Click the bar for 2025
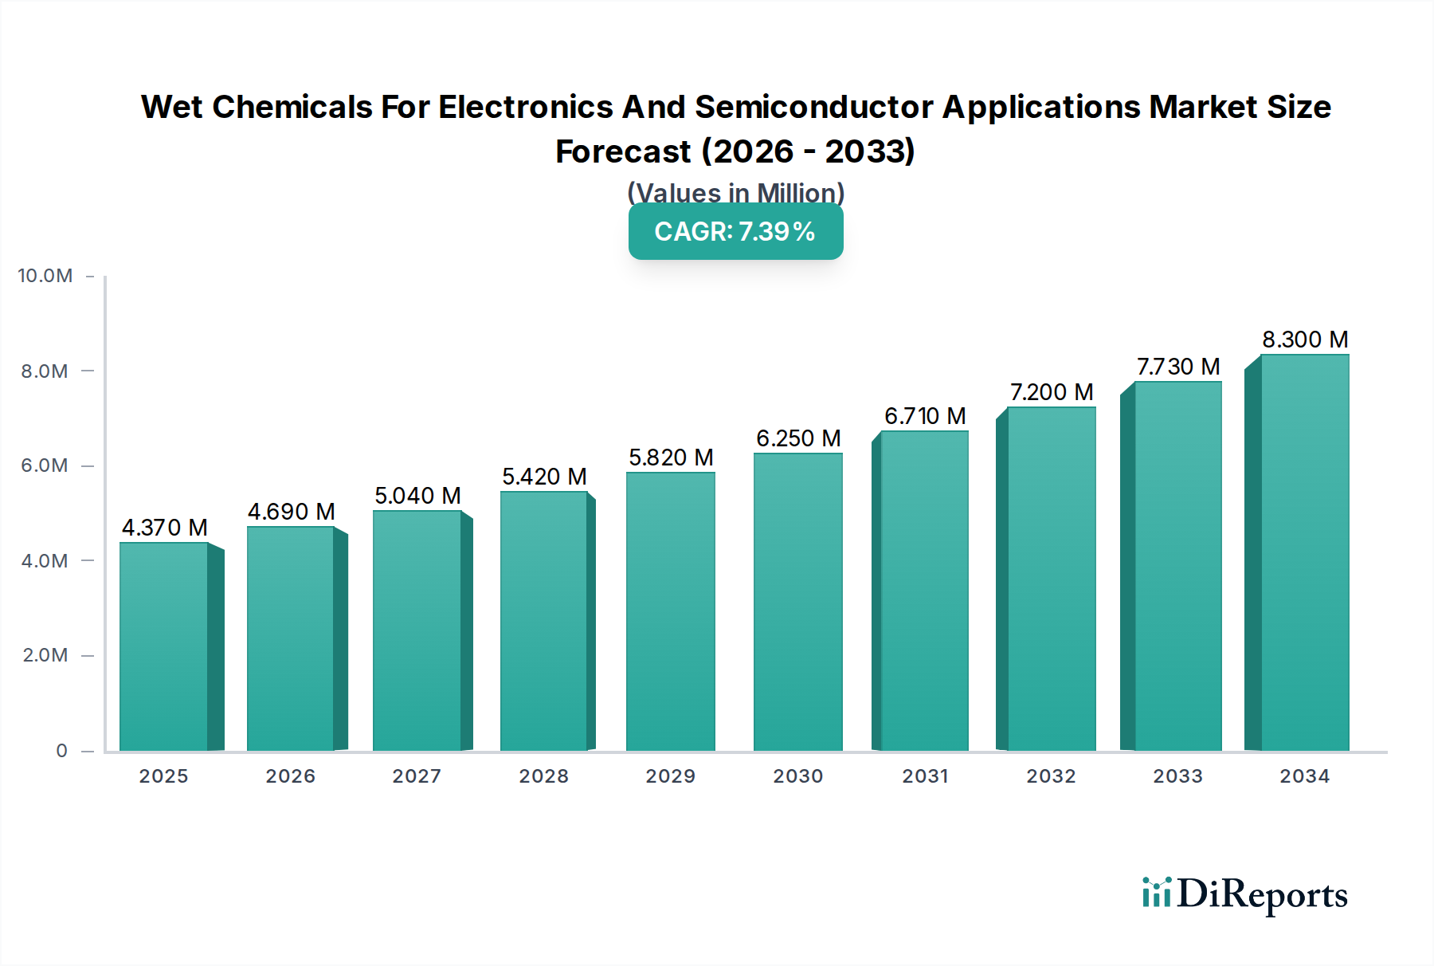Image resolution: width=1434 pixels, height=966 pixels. [164, 646]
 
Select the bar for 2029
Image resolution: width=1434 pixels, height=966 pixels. [671, 611]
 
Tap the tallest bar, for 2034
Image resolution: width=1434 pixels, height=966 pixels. [1304, 552]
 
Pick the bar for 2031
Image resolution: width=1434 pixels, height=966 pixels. [924, 591]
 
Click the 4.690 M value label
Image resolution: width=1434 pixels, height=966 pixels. [291, 512]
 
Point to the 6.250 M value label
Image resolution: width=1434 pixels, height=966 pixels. [798, 438]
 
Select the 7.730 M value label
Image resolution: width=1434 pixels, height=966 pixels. [1178, 367]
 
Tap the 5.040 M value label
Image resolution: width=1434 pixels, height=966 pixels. [417, 496]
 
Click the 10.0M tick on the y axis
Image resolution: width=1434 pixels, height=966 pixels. [45, 276]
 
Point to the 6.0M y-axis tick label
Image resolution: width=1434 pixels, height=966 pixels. [45, 465]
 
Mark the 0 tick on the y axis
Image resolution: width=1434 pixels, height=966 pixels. [61, 751]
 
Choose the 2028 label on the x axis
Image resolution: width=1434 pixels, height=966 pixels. [544, 776]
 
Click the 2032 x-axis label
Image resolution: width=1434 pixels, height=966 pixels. [1051, 776]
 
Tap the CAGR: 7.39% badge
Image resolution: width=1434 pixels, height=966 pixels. [735, 232]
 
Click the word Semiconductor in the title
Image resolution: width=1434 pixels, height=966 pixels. [814, 107]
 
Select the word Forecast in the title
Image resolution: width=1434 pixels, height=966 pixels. [623, 151]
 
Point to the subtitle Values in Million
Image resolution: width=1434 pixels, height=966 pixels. [735, 193]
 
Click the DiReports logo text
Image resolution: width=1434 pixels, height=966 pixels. [1262, 894]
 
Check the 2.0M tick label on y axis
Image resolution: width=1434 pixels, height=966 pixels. [45, 655]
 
